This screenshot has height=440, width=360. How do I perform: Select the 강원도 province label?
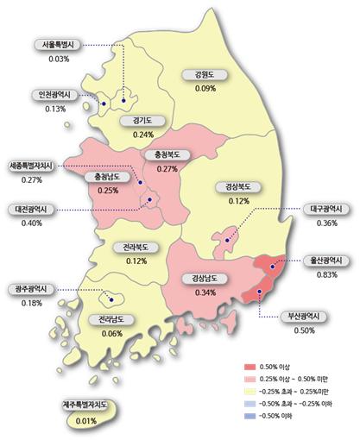pos(205,75)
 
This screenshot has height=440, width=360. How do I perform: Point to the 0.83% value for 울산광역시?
pos(327,275)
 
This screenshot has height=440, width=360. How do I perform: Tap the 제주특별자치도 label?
pos(85,405)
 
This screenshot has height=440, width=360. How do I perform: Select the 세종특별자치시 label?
pos(30,165)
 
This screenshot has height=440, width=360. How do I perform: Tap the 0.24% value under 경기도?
pos(143,135)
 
